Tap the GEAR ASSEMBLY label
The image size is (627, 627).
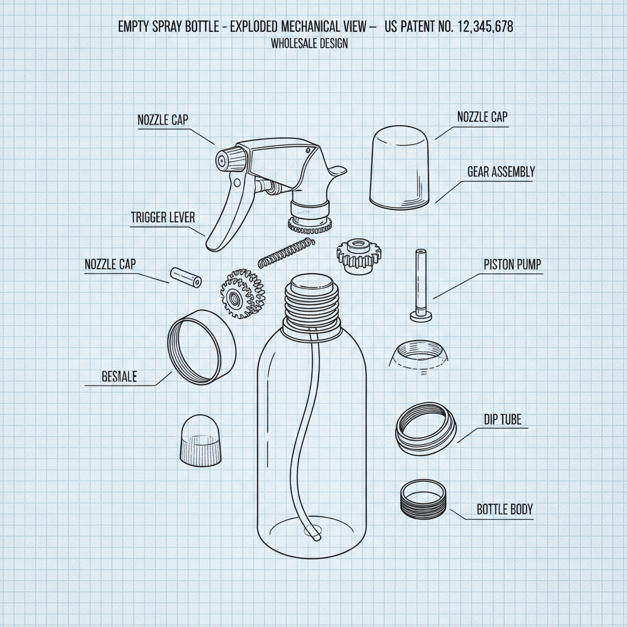click(500, 172)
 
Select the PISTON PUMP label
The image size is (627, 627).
click(512, 265)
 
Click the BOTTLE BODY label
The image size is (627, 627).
click(504, 509)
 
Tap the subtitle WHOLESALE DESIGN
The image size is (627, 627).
click(309, 43)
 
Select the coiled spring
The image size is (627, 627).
click(285, 252)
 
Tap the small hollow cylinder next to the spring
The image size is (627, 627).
click(186, 277)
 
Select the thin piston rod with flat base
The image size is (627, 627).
click(421, 285)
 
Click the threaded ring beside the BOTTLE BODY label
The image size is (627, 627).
click(422, 499)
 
